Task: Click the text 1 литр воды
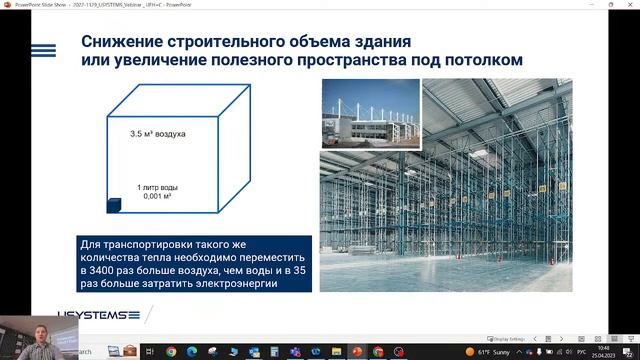(160, 187)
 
